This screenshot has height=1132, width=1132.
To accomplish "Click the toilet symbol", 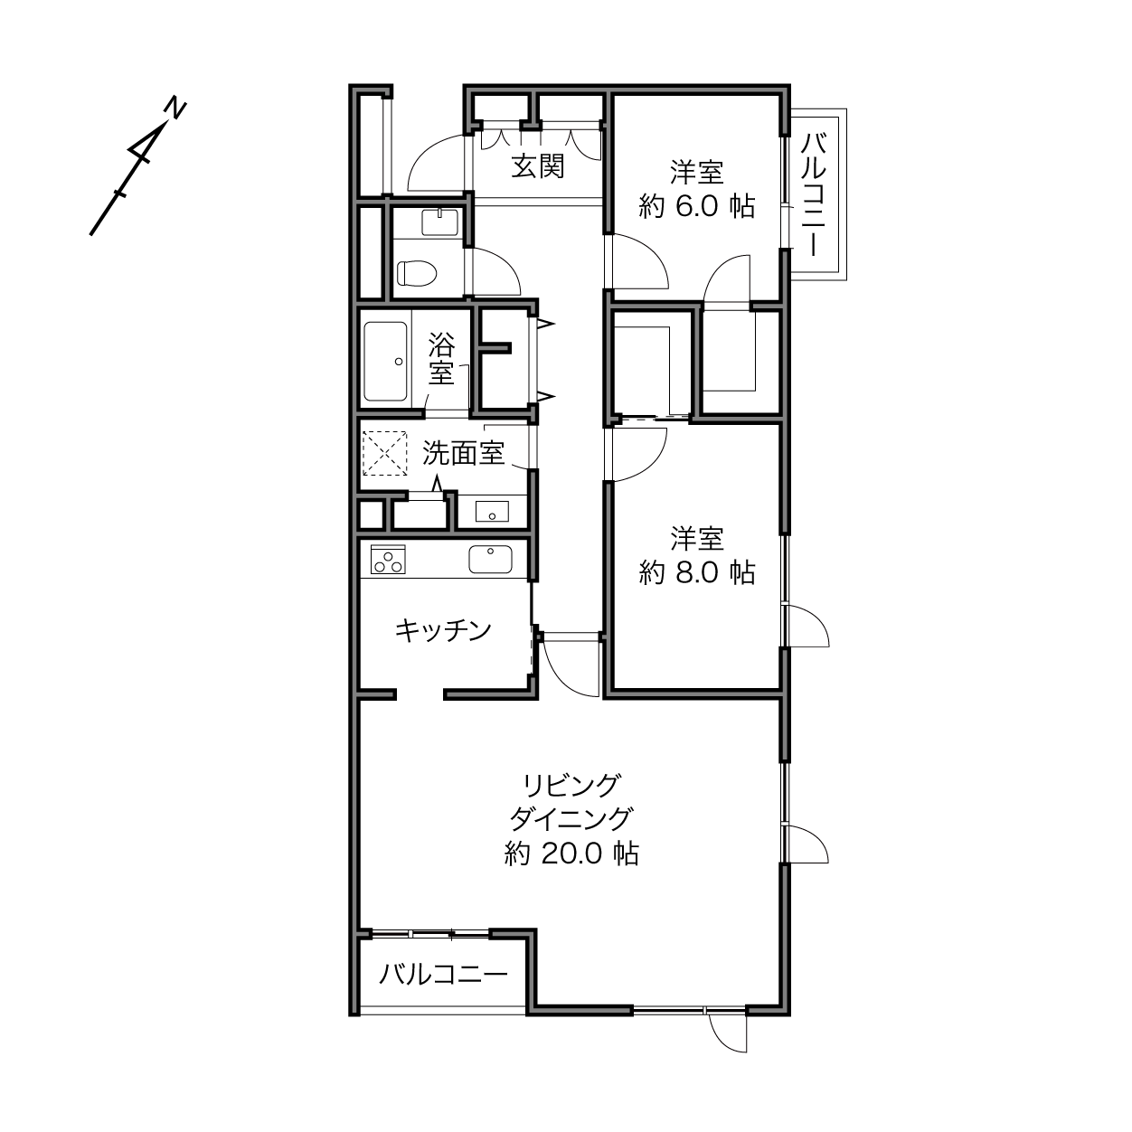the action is coord(417,273).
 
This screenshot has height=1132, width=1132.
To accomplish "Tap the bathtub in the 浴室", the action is coord(385,362).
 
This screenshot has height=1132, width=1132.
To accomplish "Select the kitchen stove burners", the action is coord(388,559).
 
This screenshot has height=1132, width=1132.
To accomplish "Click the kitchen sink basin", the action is coord(491,560).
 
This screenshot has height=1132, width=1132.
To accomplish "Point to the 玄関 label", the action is coord(537,166).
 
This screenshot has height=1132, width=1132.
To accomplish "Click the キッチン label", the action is coord(443,630).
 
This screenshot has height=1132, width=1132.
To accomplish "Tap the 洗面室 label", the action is coord(464,453).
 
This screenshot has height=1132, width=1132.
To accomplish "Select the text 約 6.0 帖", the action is coord(697,206).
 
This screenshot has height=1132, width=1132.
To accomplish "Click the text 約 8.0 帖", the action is coord(697,572).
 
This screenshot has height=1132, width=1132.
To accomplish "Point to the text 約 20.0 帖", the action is coord(571,854).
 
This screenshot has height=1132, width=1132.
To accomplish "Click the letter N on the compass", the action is coord(175,108).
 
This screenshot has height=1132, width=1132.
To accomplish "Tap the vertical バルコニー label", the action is coord(815,194).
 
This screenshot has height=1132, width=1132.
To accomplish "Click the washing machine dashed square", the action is coord(385,454).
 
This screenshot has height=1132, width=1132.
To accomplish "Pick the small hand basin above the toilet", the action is coord(439,222).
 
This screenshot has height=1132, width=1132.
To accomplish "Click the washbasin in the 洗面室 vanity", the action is coord(492,511).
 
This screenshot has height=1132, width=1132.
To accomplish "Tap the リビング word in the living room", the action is coord(571,786).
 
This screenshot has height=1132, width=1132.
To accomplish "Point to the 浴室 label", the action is coord(441,358).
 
